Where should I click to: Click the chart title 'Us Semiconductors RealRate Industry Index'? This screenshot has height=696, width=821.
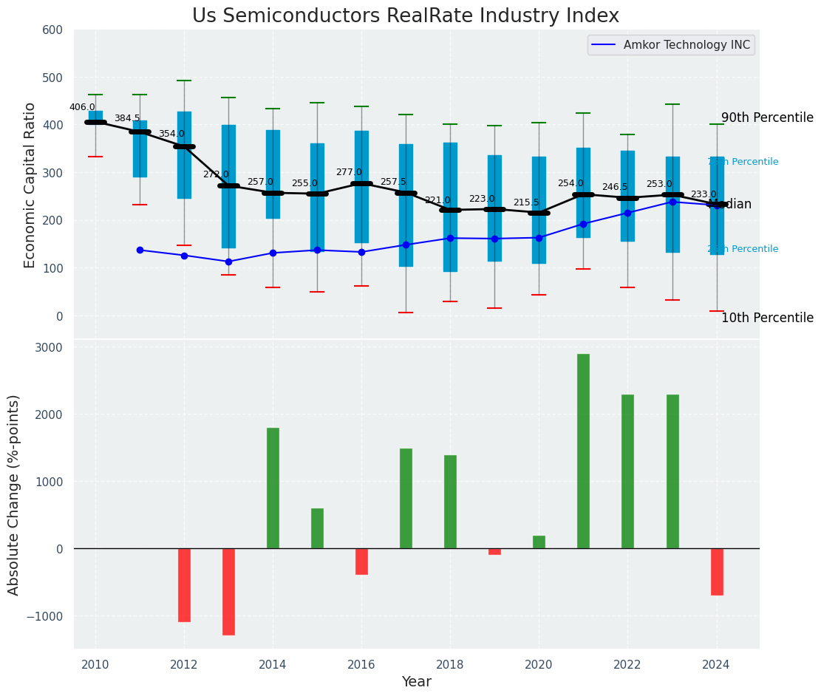click(405, 16)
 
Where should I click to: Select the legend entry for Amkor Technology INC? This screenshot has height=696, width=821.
click(671, 45)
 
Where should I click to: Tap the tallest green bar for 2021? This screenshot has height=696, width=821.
click(583, 451)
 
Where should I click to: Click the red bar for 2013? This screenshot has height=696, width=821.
click(228, 591)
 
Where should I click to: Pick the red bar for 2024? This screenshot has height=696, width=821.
click(717, 571)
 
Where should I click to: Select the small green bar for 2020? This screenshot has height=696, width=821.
click(539, 542)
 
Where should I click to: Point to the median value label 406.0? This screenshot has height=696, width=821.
click(82, 107)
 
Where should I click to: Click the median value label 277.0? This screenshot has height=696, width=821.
click(349, 172)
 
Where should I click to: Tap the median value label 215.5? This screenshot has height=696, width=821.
click(526, 202)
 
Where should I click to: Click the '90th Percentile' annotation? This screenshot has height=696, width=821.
click(767, 118)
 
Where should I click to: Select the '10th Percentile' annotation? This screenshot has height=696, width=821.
click(767, 318)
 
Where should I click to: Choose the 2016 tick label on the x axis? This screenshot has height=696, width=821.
click(361, 665)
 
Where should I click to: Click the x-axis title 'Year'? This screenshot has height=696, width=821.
click(417, 682)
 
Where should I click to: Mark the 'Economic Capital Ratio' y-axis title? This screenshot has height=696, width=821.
click(30, 185)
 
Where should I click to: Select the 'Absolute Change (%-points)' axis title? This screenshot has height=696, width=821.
click(14, 494)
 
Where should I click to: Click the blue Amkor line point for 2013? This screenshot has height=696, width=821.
click(228, 262)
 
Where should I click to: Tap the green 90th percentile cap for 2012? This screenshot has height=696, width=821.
click(184, 81)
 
